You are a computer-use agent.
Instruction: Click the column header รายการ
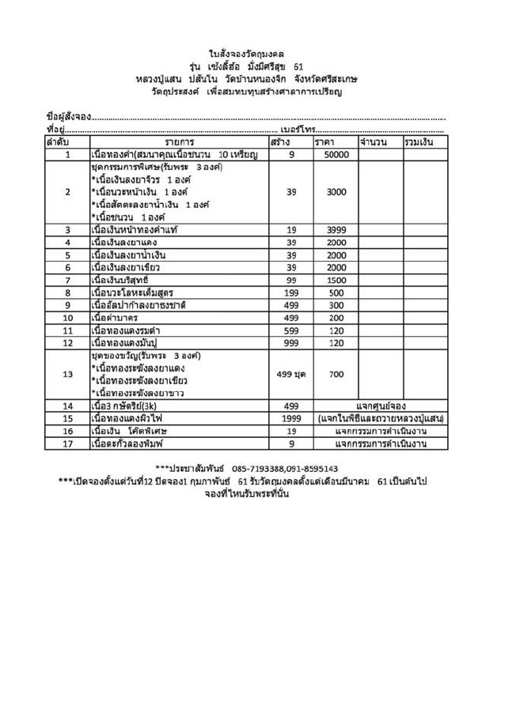coord(180,141)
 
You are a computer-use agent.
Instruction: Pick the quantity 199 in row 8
coord(291,292)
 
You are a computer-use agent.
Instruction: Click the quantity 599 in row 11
coord(291,330)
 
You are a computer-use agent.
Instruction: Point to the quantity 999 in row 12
coord(291,343)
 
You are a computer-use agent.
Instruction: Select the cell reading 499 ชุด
coord(291,374)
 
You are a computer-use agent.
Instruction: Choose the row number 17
coord(67,443)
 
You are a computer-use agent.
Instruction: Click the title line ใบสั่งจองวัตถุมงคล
coord(257,54)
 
